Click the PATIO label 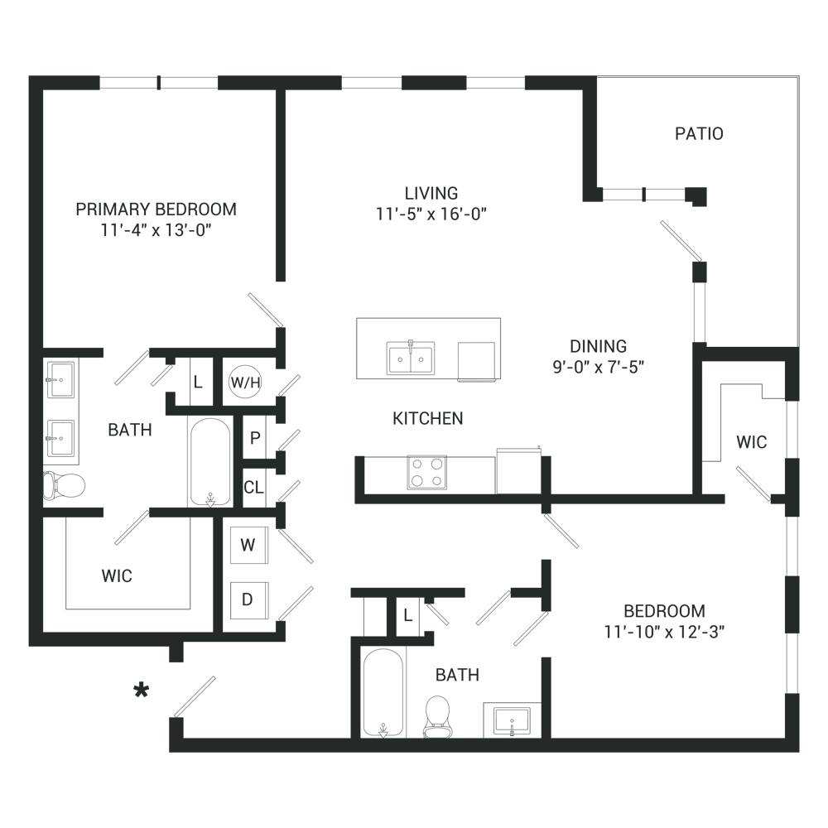click(699, 133)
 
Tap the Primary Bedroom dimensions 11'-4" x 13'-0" click(156, 231)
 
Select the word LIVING click(431, 193)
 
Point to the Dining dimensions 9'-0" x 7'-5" click(599, 367)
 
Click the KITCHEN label click(428, 419)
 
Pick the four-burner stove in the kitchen click(426, 472)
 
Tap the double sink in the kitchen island click(411, 358)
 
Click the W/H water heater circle click(245, 382)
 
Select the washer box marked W click(248, 545)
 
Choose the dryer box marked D click(248, 600)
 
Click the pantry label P click(255, 438)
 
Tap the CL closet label click(253, 488)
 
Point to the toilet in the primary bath click(65, 485)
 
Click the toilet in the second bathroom click(438, 716)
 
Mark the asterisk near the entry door click(142, 691)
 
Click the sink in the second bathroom click(512, 721)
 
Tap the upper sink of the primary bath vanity click(60, 379)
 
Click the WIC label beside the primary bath click(117, 576)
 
